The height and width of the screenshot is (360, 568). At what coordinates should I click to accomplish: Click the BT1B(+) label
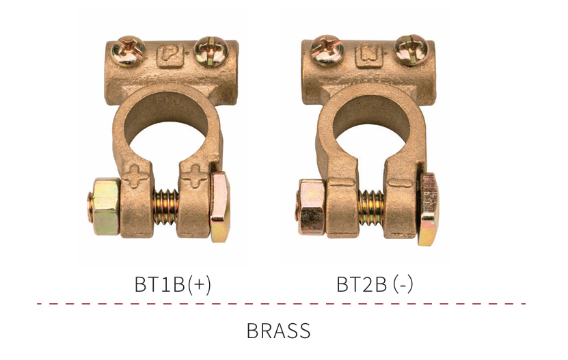pyautogui.click(x=172, y=284)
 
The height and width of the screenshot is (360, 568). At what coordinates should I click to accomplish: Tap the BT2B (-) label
pyautogui.click(x=375, y=284)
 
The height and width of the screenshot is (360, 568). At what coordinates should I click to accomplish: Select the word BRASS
pyautogui.click(x=278, y=331)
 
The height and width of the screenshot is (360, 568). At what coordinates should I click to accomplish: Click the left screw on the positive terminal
pyautogui.click(x=129, y=51)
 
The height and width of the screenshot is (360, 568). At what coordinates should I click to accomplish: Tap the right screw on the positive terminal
pyautogui.click(x=211, y=51)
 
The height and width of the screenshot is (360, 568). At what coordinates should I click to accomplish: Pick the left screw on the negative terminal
pyautogui.click(x=327, y=51)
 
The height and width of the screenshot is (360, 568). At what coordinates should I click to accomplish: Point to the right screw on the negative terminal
pyautogui.click(x=411, y=50)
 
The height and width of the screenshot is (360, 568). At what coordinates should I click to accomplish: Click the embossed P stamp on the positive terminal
pyautogui.click(x=170, y=56)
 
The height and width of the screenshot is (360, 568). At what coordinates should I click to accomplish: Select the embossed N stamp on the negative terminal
pyautogui.click(x=369, y=56)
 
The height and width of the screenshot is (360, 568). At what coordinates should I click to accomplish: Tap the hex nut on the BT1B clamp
pyautogui.click(x=105, y=206)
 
